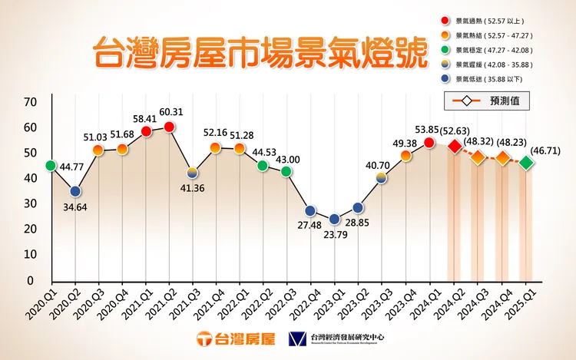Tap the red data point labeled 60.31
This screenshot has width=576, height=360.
pyautogui.click(x=170, y=127)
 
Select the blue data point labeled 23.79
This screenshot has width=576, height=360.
pyautogui.click(x=335, y=220)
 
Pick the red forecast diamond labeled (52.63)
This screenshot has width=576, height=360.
pyautogui.click(x=455, y=146)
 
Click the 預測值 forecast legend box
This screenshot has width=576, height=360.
pyautogui.click(x=492, y=101)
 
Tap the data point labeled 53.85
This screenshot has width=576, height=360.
pyautogui.click(x=429, y=143)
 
